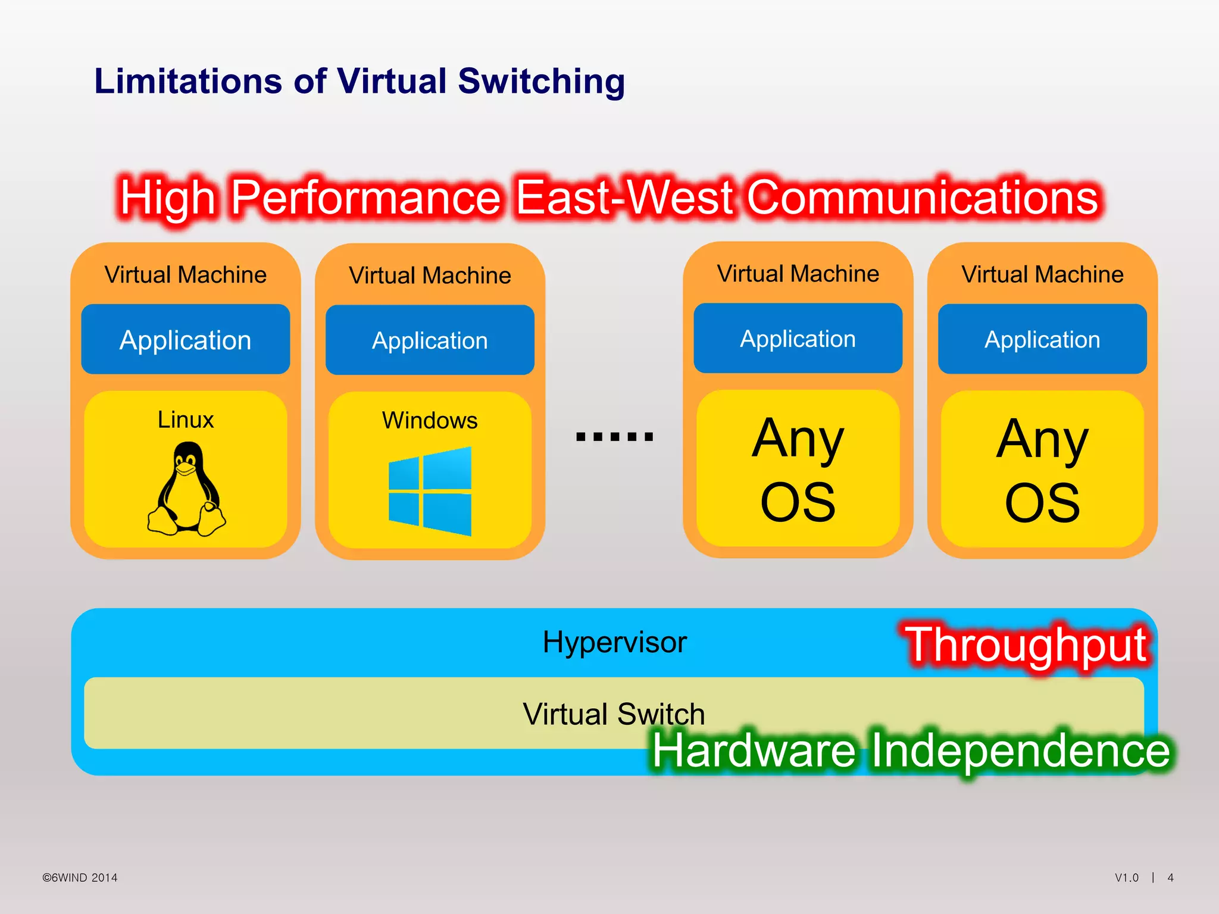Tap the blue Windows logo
point(430,491)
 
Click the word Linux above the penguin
point(185,420)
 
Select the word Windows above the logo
point(430,420)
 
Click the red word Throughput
point(1027,645)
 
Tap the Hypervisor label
point(614,642)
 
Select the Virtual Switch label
point(613,713)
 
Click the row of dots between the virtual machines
point(614,436)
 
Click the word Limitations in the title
point(188,81)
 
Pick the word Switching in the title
point(541,82)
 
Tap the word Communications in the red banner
point(922,198)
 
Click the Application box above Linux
point(185,340)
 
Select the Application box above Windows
point(430,340)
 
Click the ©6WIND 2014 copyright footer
point(80,878)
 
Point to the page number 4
point(1170,878)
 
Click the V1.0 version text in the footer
point(1126,878)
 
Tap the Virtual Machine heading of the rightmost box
point(1042,274)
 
